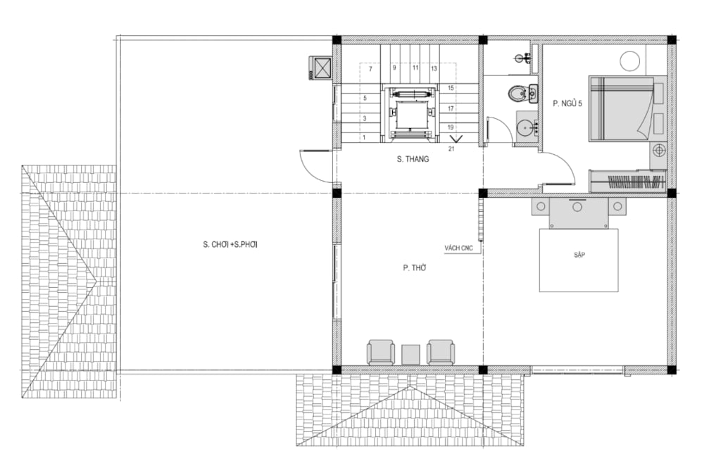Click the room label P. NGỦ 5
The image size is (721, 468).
tap(567, 103)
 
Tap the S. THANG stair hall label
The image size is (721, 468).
tap(413, 159)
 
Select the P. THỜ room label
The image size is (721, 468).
tap(414, 267)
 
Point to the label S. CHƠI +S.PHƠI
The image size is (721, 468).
tap(230, 245)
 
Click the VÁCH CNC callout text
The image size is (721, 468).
tap(458, 248)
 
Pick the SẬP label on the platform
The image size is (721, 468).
tap(579, 255)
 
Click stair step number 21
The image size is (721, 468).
tap(451, 148)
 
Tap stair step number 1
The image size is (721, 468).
tap(364, 137)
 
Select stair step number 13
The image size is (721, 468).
tap(434, 68)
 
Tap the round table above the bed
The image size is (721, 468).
tap(630, 61)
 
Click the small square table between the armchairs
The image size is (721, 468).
tap(410, 355)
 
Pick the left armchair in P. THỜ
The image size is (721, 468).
tap(380, 352)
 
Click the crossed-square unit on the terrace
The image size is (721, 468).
tap(320, 68)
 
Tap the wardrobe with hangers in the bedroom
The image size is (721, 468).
tap(628, 181)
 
